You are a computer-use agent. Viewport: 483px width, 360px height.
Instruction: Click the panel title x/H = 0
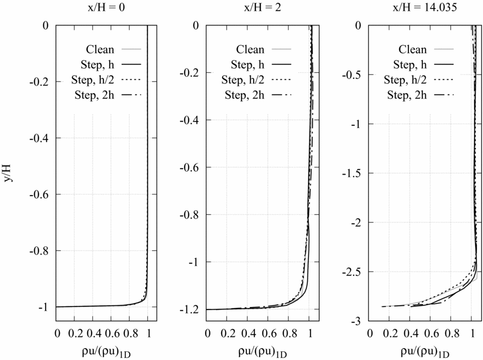(102, 9)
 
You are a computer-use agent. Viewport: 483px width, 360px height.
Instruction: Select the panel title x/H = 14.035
(422, 9)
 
